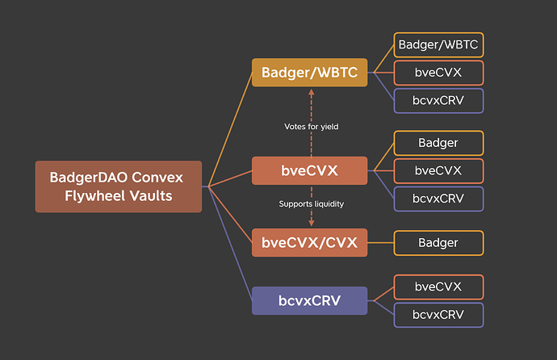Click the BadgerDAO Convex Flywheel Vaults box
119,186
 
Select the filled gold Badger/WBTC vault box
309,73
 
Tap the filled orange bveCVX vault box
309,170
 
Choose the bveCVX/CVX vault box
309,242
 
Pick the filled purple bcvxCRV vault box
309,301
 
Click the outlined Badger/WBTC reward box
438,44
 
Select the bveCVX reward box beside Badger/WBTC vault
438,73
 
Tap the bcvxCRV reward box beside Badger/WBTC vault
438,101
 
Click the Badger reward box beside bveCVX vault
438,143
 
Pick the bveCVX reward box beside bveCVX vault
438,171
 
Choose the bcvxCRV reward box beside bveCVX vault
438,199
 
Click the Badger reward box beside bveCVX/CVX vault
438,243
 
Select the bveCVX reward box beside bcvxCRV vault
438,287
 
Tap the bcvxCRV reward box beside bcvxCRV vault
438,315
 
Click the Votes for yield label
311,127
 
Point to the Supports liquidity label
311,204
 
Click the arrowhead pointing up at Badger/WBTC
311,92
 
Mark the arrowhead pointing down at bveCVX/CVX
311,224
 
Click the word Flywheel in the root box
94,196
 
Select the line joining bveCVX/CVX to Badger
380,243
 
